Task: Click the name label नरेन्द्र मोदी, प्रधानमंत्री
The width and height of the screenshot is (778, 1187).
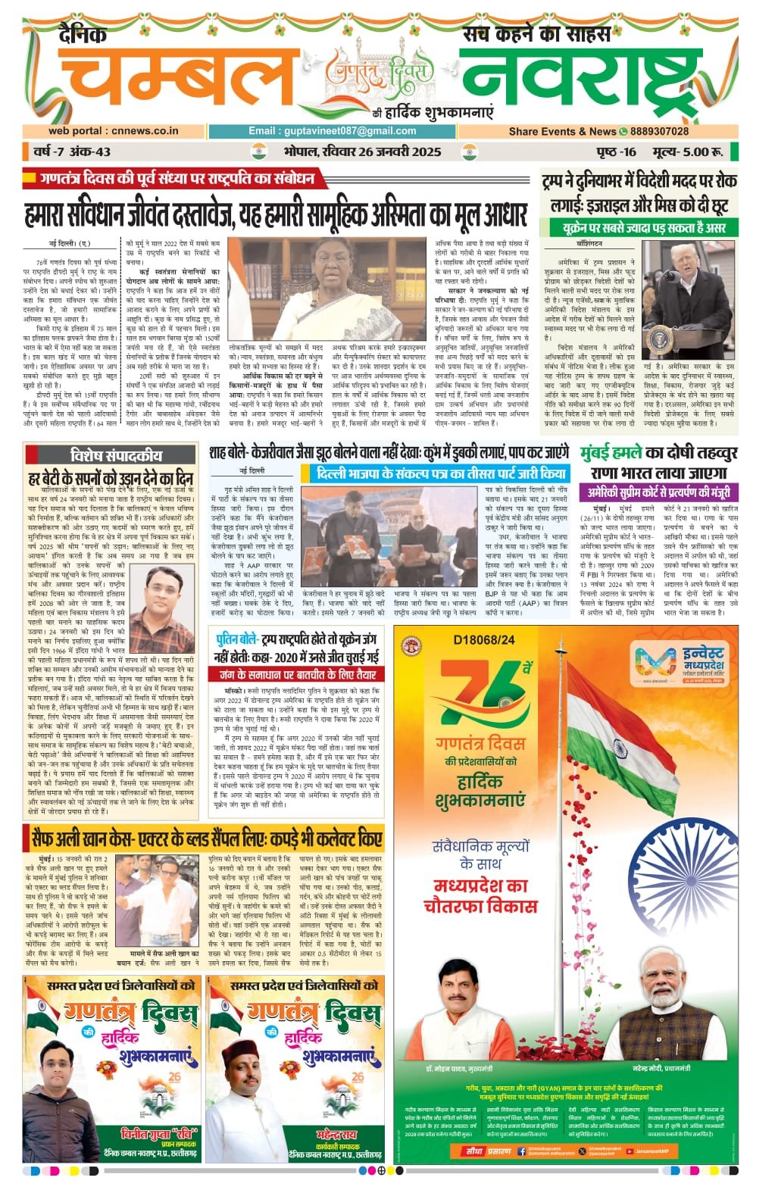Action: pos(667,1068)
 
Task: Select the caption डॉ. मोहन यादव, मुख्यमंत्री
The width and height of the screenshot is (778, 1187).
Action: pos(458,1068)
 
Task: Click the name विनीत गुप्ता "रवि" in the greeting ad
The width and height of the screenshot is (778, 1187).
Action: pos(159,1134)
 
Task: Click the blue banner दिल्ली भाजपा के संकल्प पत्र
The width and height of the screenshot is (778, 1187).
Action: pos(443,474)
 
